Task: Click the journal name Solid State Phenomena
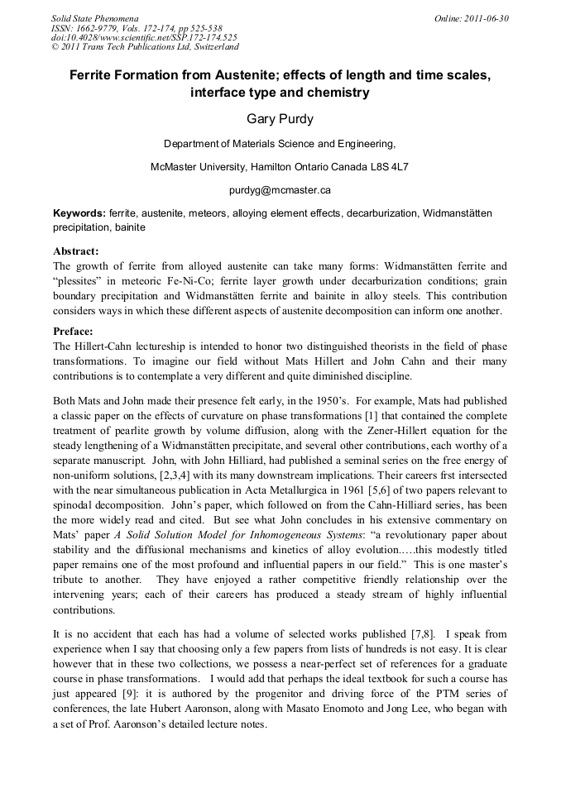point(94,17)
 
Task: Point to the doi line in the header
point(143,37)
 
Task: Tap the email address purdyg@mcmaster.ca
point(280,189)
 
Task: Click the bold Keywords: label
point(79,213)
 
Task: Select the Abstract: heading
point(75,251)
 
